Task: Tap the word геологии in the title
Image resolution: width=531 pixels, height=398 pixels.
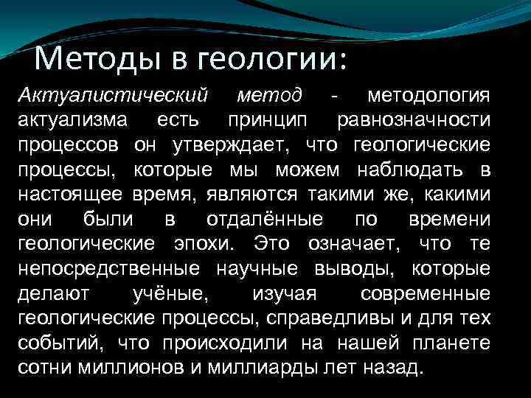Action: [249, 58]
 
